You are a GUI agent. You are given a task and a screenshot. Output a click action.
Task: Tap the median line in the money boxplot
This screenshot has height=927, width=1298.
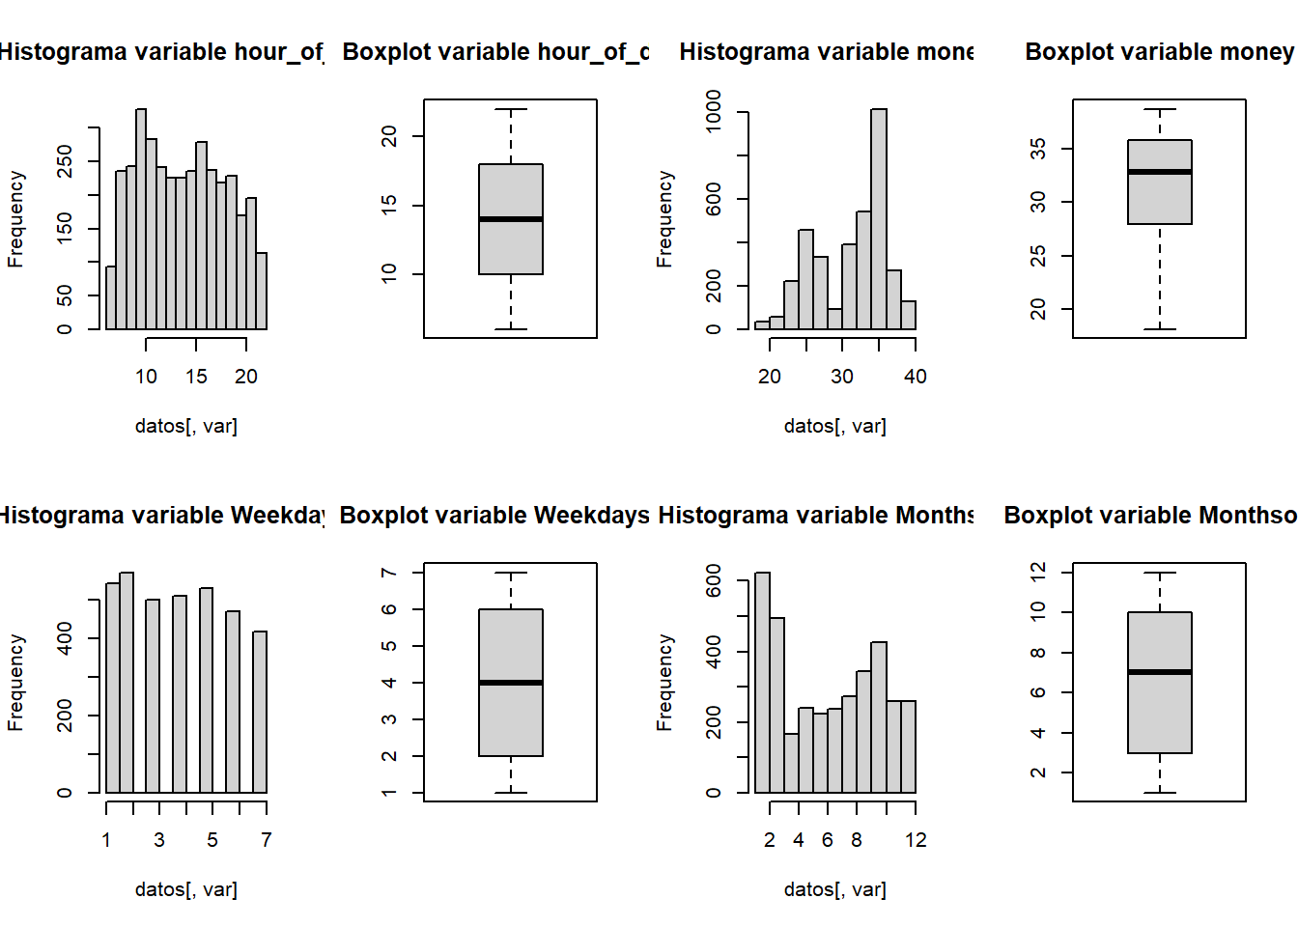pos(1159,172)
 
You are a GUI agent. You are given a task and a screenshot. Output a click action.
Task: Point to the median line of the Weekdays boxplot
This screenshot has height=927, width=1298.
pos(510,683)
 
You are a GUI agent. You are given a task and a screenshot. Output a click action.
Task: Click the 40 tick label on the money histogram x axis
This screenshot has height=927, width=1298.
pos(915,377)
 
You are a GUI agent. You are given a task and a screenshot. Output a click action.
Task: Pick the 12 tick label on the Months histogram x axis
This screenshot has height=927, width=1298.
pos(916,840)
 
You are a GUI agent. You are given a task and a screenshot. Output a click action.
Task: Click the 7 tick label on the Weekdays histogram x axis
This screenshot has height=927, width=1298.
pos(266,840)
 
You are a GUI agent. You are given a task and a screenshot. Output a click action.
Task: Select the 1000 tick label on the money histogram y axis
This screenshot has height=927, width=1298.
pos(714,111)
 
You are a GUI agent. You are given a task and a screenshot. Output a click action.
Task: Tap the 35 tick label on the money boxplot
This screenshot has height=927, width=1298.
pos(1038,149)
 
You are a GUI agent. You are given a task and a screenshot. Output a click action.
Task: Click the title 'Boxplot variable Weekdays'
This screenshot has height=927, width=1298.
pos(494,516)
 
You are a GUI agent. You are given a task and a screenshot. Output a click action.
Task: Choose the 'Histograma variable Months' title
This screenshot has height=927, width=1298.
pos(816,516)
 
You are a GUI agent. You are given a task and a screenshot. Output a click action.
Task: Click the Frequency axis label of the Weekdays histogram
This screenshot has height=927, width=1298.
pos(15,683)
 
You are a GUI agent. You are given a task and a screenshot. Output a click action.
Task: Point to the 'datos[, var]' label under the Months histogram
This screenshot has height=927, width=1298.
pos(834,889)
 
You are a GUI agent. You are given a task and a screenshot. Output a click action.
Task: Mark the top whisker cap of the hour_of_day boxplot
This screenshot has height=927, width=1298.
pos(510,109)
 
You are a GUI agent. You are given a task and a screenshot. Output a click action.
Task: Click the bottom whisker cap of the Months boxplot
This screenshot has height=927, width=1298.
pos(1159,793)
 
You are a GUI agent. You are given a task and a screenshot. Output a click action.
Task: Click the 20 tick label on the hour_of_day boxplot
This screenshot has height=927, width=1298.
pos(389,136)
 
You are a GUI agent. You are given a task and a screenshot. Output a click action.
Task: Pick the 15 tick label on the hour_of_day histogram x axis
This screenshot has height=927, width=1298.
pos(196,377)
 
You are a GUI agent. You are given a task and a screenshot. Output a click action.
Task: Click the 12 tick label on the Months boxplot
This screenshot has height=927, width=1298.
pos(1038,572)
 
